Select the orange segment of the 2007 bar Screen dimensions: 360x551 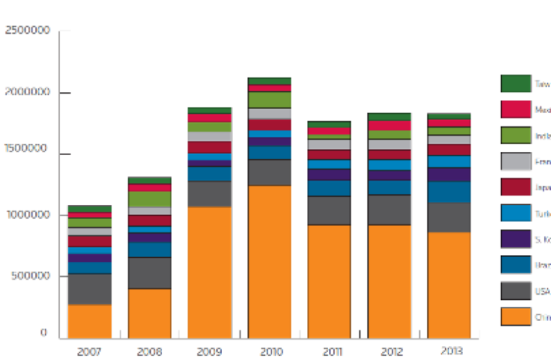pyautogui.click(x=90, y=321)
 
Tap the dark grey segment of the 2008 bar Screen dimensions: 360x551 pyautogui.click(x=149, y=273)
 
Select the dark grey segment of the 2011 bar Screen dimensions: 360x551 pyautogui.click(x=329, y=211)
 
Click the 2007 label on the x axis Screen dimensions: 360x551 pyautogui.click(x=90, y=351)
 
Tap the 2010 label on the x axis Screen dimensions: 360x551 pyautogui.click(x=269, y=351)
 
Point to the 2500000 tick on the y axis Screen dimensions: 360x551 pyautogui.click(x=27, y=31)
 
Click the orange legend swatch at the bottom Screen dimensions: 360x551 pyautogui.click(x=515, y=317)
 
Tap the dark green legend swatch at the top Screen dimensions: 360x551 pyautogui.click(x=515, y=83)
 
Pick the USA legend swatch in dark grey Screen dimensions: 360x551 pyautogui.click(x=515, y=290)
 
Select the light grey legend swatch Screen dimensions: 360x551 pyautogui.click(x=515, y=161)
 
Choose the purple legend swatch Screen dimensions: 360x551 pyautogui.click(x=515, y=239)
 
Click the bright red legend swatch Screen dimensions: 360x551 pyautogui.click(x=515, y=109)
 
